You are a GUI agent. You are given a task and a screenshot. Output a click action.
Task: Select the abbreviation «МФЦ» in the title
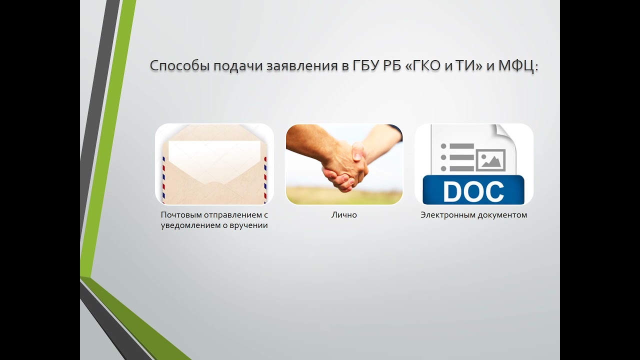[516, 66]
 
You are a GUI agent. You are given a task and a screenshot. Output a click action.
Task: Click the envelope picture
[214, 164]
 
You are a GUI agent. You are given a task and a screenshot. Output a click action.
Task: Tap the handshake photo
[344, 164]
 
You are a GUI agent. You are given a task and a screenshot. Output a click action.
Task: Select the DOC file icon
[473, 164]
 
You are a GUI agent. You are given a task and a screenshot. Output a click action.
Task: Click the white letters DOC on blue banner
[473, 191]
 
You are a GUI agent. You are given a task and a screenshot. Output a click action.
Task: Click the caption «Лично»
[344, 215]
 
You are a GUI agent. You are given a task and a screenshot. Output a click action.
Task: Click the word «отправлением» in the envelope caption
[232, 215]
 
